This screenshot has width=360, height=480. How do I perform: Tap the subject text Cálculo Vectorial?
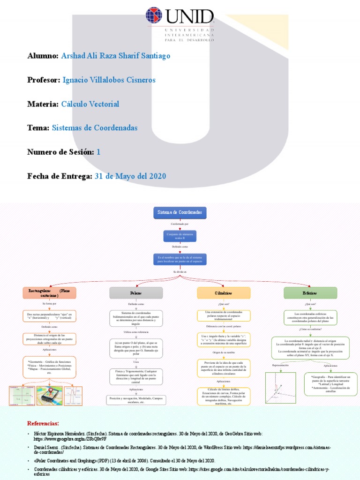click(90, 104)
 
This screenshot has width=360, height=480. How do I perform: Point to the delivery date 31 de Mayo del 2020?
click(130, 176)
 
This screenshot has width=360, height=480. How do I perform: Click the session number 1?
click(98, 152)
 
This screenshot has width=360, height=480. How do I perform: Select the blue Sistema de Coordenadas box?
click(180, 212)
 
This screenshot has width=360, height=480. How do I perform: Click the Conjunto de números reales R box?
click(180, 236)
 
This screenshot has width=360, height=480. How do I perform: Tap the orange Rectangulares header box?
click(49, 292)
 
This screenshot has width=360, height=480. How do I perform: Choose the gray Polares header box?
click(136, 292)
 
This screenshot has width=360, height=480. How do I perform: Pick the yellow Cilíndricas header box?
click(223, 292)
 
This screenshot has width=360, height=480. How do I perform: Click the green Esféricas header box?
click(310, 292)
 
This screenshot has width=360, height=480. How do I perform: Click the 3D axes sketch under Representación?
click(280, 388)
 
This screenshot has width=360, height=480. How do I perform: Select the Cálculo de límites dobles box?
click(223, 397)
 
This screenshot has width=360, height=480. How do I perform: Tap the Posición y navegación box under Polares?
click(136, 400)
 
